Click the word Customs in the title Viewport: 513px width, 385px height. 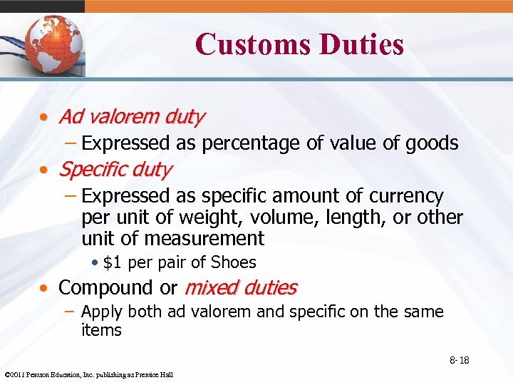point(252,44)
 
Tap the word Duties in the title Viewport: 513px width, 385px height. point(362,44)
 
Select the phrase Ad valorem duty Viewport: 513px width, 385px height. point(132,116)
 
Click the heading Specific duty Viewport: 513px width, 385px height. point(115,170)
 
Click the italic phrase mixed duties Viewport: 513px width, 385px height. point(241,288)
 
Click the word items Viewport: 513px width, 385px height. point(101,330)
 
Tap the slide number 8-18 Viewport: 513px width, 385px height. point(459,360)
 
